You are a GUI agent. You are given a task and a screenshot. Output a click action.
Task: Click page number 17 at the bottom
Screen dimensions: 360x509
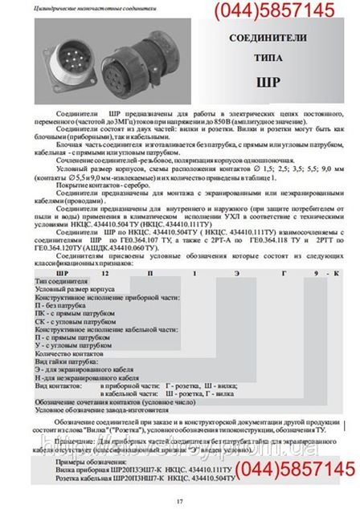point(179,502)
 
